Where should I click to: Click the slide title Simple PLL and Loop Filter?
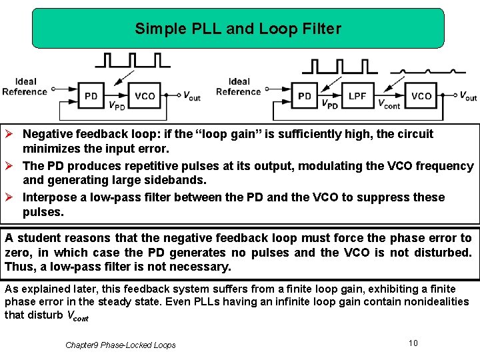pos(238,29)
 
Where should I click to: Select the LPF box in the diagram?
pos(357,96)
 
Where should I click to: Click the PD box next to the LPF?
pos(305,96)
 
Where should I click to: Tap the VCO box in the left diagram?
pos(145,96)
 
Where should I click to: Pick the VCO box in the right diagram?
pos(421,96)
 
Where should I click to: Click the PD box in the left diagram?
pos(91,96)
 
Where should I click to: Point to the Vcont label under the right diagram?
pos(389,104)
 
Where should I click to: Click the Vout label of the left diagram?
pos(192,97)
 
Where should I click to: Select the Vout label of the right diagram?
pos(469,96)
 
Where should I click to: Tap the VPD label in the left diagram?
pos(117,105)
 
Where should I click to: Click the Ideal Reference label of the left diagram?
pos(25,87)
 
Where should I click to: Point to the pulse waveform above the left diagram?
pos(132,60)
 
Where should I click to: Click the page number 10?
pos(413,343)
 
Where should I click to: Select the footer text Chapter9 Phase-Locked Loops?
pos(121,345)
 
